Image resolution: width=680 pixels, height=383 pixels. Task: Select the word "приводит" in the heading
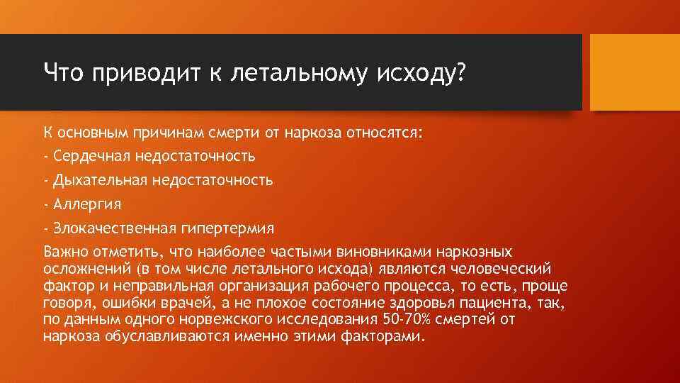tap(135, 72)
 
